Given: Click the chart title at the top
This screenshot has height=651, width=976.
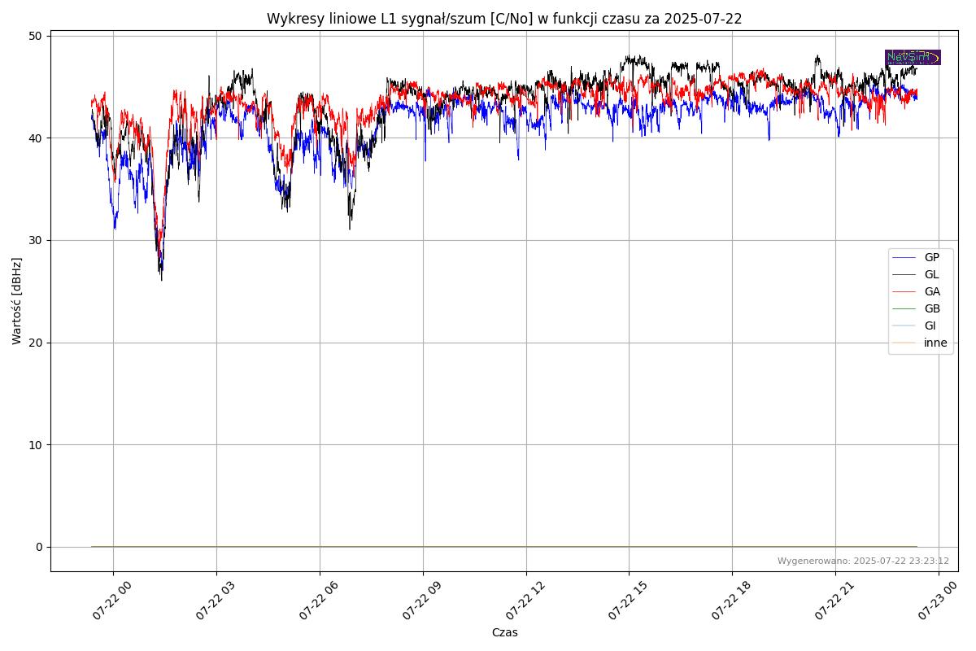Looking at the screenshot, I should pyautogui.click(x=504, y=19).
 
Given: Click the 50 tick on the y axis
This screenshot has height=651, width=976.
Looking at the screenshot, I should pyautogui.click(x=37, y=36).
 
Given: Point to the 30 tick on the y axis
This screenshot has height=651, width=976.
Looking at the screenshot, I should pyautogui.click(x=37, y=240).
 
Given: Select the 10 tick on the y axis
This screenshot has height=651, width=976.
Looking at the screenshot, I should pyautogui.click(x=37, y=444).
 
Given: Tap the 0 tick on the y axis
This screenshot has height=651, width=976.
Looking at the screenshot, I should pyautogui.click(x=39, y=547).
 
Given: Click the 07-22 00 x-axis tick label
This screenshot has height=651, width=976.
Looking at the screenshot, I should pyautogui.click(x=109, y=603).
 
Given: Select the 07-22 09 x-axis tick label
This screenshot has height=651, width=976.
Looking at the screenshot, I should pyautogui.click(x=419, y=603).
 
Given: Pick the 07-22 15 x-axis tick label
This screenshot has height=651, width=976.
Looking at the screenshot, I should pyautogui.click(x=625, y=603).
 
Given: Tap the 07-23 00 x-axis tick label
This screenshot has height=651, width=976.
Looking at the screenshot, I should pyautogui.click(x=935, y=603).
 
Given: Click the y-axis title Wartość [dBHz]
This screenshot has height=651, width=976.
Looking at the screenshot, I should pyautogui.click(x=17, y=301).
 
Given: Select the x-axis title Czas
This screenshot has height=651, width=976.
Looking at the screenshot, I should pyautogui.click(x=504, y=632).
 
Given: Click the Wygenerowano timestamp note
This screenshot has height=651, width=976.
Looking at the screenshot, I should pyautogui.click(x=863, y=561).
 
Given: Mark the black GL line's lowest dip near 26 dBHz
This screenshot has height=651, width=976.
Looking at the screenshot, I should pyautogui.click(x=161, y=280).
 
